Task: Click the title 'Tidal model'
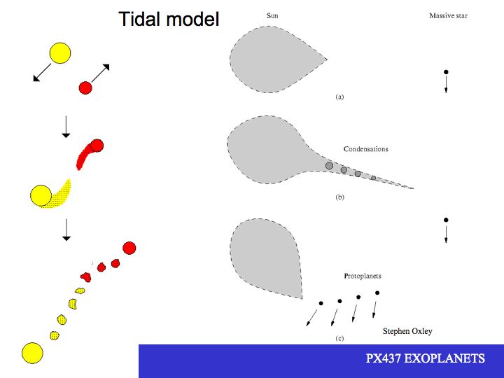[169, 19]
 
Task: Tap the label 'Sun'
[272, 15]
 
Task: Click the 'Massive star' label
[448, 15]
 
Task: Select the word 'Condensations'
[366, 149]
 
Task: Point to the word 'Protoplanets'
[363, 276]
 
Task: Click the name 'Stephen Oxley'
[407, 331]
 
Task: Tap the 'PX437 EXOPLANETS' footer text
[426, 358]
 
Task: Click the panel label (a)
[339, 97]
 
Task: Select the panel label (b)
[339, 197]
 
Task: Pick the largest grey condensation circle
[329, 166]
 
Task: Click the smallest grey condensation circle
[374, 178]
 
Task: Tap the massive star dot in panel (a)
[446, 72]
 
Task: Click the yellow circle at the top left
[60, 53]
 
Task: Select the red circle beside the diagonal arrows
[85, 87]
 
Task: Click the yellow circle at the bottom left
[32, 353]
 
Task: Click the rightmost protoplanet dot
[377, 293]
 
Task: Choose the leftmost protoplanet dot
[321, 303]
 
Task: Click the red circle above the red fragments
[129, 248]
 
